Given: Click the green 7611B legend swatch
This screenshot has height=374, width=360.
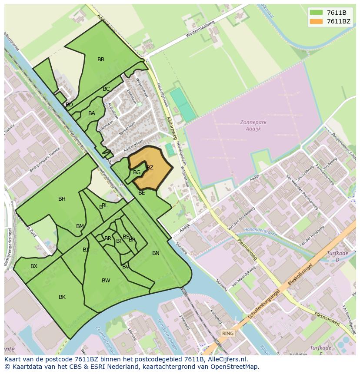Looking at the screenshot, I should pos(316,13).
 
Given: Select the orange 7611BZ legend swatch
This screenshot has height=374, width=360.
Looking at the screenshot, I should pos(316,21).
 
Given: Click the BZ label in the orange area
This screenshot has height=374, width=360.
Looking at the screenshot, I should pos(150,168).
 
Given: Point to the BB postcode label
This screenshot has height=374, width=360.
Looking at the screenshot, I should pos(101,60).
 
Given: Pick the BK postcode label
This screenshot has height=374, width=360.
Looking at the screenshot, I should pos(62,297).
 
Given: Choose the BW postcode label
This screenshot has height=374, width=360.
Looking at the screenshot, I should pos(106,281).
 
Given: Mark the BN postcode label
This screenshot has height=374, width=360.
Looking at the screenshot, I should pos(156,253).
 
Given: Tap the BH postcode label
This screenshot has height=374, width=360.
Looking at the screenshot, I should pos(62,199).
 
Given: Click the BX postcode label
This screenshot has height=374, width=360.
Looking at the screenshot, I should pos(34,266).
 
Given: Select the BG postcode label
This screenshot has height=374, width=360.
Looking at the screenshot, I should pos(137,172).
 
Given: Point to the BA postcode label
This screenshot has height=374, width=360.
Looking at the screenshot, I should pos(92,113).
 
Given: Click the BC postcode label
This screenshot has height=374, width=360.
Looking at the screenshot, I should pos(106,89).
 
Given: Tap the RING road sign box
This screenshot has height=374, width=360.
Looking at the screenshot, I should pos(227,334).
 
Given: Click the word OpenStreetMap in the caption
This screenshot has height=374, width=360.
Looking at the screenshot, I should pos(234,367).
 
